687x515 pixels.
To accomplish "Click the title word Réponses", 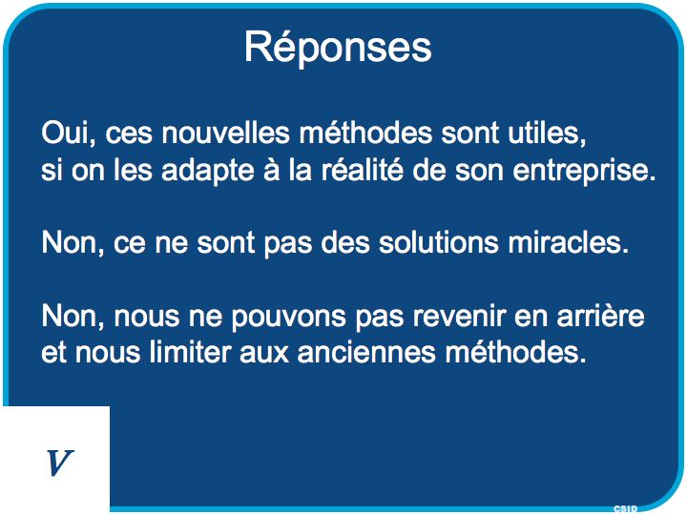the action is (x=338, y=49).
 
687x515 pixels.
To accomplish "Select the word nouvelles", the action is (x=225, y=133).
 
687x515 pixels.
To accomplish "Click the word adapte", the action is (x=208, y=170).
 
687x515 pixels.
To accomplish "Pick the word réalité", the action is (x=363, y=170).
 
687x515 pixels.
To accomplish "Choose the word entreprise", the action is (x=584, y=171).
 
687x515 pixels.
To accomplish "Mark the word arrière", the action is (x=601, y=316).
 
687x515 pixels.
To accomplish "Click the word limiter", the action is (x=190, y=352).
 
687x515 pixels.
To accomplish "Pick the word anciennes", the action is (x=366, y=352).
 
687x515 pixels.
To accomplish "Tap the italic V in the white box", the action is (x=59, y=463).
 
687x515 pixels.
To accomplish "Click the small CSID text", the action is (x=626, y=508).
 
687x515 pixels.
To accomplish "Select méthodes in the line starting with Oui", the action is (x=365, y=133).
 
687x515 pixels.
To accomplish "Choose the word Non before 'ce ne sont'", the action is (x=73, y=242).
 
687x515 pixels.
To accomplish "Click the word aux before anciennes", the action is (x=264, y=354).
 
